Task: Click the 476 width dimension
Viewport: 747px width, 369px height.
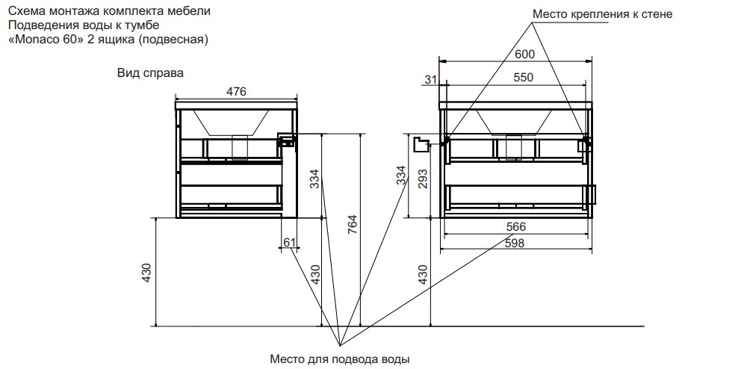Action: click(x=236, y=91)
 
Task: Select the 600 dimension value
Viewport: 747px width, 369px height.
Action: click(x=525, y=55)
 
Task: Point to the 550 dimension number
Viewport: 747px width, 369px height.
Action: click(x=524, y=77)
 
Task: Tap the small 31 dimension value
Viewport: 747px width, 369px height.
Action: click(x=431, y=80)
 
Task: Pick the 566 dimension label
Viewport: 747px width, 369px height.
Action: click(x=516, y=226)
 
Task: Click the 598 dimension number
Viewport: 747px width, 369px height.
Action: click(x=515, y=243)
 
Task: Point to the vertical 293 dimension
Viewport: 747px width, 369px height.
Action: click(x=422, y=179)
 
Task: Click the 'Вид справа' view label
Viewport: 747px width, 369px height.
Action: click(x=150, y=73)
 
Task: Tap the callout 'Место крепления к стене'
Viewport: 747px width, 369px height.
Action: click(x=602, y=14)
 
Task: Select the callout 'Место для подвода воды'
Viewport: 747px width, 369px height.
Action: click(x=340, y=359)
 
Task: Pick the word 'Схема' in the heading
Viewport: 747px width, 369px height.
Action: click(x=25, y=10)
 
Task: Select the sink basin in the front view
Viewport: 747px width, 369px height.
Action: click(x=514, y=123)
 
